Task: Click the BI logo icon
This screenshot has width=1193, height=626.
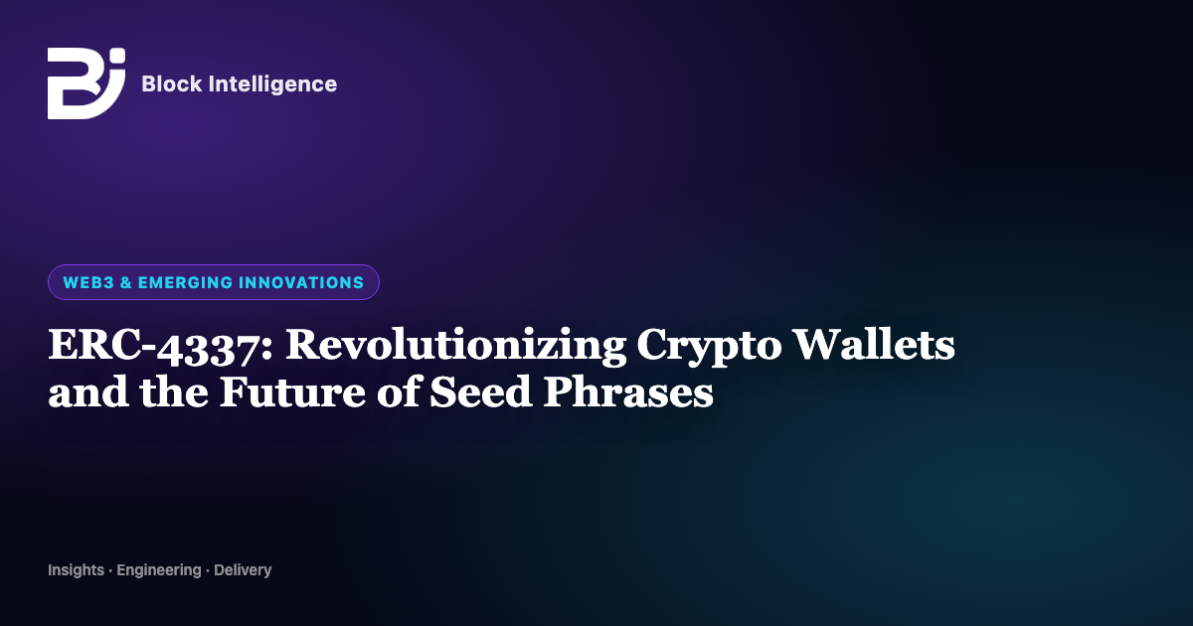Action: (86, 83)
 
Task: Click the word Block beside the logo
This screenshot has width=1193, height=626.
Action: (172, 84)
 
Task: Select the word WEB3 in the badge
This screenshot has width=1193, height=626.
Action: (88, 282)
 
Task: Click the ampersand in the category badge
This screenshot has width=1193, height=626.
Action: (126, 282)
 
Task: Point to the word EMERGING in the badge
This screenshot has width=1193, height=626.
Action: (185, 282)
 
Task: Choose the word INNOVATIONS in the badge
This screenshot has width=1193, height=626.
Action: (301, 282)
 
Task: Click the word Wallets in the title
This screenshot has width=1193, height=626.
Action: (874, 345)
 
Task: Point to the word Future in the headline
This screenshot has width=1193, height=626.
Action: (293, 391)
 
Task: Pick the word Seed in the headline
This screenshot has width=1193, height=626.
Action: (481, 391)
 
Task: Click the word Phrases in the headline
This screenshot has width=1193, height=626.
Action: (628, 391)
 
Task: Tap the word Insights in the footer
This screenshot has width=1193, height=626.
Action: (77, 570)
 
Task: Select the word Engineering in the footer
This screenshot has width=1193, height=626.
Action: (159, 570)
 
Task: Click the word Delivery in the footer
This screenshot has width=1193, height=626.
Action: (243, 570)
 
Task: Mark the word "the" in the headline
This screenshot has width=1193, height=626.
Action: (174, 391)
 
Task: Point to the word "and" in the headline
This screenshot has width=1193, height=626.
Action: (88, 392)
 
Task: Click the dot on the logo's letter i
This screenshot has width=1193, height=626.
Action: (119, 56)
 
